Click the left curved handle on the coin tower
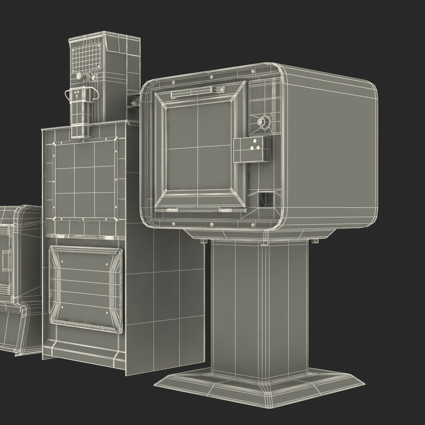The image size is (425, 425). pyautogui.click(x=71, y=94)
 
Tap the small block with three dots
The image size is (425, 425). pyautogui.click(x=252, y=149)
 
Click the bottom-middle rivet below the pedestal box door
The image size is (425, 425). pyautogui.click(x=212, y=225)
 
